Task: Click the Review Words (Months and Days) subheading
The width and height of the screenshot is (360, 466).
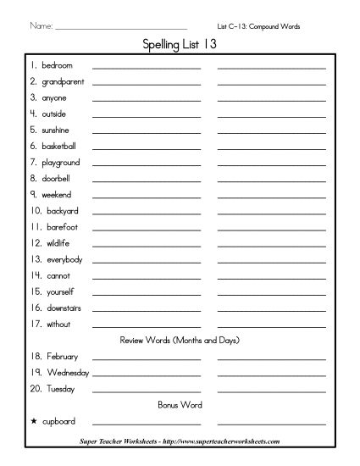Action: [179, 341]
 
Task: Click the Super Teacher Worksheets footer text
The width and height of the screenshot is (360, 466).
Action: [180, 441]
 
